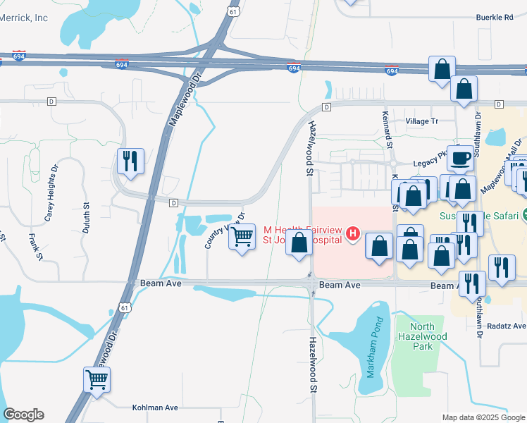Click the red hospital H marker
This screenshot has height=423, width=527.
point(353,233)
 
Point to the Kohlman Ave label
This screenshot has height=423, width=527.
point(155,407)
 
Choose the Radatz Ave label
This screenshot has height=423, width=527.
point(508,326)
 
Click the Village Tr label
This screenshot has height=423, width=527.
point(422,121)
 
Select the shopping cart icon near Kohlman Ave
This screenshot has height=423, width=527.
point(97,379)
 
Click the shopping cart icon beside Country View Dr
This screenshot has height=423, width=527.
point(242,236)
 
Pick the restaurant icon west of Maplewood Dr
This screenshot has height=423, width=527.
point(131,161)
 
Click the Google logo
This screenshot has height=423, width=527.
point(23,414)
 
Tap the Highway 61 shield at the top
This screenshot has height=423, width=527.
point(233,11)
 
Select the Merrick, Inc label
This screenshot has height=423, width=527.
point(23,18)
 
